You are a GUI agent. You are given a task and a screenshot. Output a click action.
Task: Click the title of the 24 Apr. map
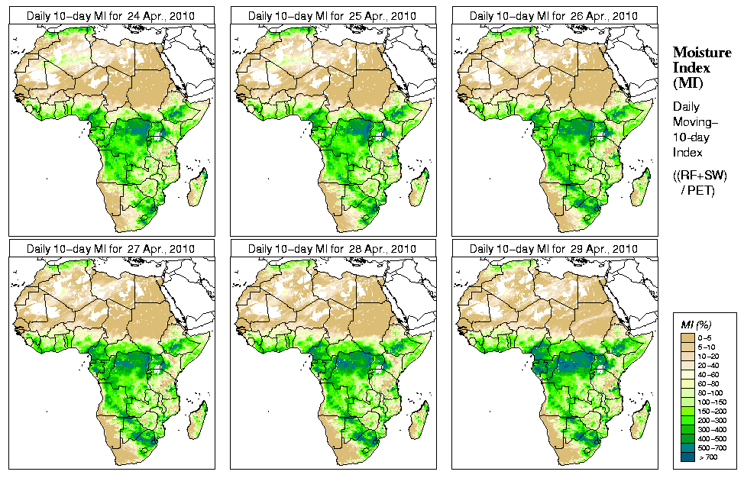tap(111, 15)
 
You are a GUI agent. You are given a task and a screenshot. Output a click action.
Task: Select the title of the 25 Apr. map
tap(332, 15)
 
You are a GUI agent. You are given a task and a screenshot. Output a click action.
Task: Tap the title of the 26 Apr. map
tap(554, 15)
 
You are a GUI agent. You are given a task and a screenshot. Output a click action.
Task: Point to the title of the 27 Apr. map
tap(111, 249)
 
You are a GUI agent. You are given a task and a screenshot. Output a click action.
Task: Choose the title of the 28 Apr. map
tap(332, 249)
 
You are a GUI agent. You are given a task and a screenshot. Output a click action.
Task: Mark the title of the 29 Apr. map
tap(554, 249)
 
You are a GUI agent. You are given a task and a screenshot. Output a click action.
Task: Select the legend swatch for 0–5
tap(688, 338)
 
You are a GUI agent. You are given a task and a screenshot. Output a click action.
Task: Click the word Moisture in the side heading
tap(697, 52)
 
